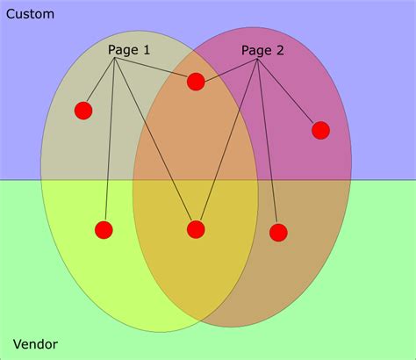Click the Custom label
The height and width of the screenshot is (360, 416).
[x=30, y=14]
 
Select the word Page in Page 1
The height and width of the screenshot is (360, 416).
[x=121, y=50]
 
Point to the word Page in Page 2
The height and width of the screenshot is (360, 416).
[x=255, y=51]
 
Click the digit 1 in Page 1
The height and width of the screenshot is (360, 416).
[x=146, y=50]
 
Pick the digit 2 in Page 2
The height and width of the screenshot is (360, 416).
[x=280, y=51]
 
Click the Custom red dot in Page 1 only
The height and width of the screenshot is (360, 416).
[x=83, y=111]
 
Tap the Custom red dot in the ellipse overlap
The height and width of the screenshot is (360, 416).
[x=196, y=82]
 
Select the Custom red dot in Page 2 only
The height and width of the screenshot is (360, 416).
[x=320, y=130]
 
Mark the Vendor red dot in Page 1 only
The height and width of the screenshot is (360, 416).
[x=104, y=230]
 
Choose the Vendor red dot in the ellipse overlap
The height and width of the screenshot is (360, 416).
[x=196, y=229]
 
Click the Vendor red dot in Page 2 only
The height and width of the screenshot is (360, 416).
[x=278, y=233]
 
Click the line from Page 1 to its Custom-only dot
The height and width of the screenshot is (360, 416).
[x=99, y=85]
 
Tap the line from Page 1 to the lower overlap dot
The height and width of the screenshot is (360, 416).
[x=155, y=144]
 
